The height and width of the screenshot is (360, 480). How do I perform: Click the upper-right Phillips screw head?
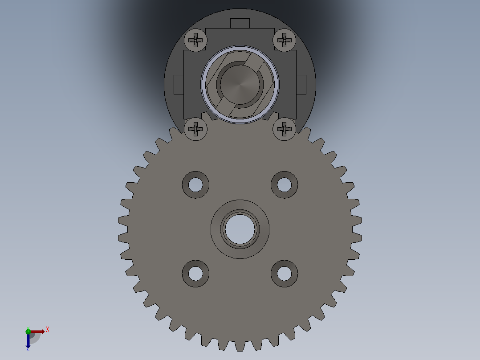click(x=284, y=40)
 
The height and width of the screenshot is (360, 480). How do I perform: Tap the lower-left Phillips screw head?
click(x=196, y=129)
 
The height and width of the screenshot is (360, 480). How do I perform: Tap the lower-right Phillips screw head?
click(x=284, y=129)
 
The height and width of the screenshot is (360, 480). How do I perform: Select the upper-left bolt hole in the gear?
click(x=195, y=184)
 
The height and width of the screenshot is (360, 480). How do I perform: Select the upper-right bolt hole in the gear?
click(x=285, y=184)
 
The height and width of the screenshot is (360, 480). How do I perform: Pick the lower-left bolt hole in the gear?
click(x=195, y=273)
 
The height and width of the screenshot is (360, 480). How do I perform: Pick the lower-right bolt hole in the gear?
click(x=285, y=273)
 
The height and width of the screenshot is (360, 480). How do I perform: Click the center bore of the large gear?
click(x=240, y=229)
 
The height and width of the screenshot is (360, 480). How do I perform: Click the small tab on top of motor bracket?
click(x=240, y=23)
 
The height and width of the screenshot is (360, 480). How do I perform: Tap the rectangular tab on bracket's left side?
click(x=178, y=85)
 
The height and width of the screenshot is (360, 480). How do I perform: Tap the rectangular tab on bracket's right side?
click(x=301, y=85)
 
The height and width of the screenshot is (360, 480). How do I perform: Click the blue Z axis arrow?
click(x=28, y=341)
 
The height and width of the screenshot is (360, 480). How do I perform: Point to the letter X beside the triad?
click(x=48, y=330)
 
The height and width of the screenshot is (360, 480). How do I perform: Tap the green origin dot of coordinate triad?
click(x=28, y=331)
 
